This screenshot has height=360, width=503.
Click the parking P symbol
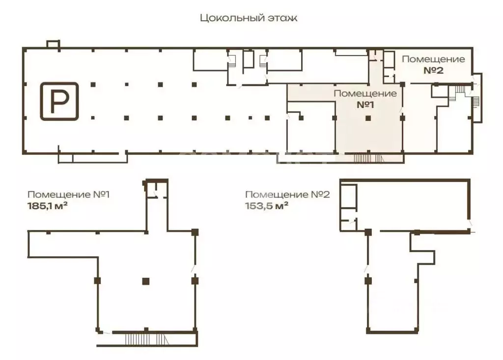coord(59,101)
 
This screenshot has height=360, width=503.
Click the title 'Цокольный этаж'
coord(249,18)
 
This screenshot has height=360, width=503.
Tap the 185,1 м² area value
coord(48,206)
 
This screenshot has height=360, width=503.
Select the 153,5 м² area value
coord(267,206)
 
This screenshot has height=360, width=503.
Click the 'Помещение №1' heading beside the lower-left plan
coord(69,194)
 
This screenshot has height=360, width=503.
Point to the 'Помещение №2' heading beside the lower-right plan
coord(287,194)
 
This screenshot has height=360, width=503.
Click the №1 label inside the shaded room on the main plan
coord(365,105)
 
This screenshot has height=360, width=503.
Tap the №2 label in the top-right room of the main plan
coord(433,70)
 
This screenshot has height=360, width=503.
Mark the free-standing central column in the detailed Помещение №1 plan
coord(145,281)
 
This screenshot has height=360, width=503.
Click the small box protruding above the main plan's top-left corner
coord(53,44)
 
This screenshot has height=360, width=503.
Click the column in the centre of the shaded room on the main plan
coord(368,118)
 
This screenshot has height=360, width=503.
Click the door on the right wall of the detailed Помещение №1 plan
coord(195,269)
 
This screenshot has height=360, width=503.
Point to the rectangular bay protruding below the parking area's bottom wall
coord(93,158)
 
